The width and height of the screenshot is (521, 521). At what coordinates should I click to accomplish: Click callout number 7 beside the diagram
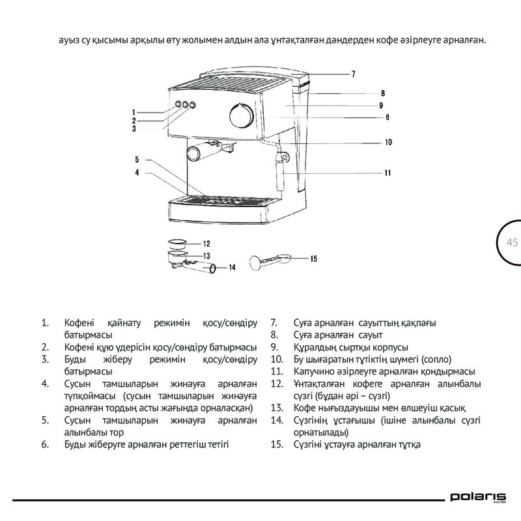(353, 74)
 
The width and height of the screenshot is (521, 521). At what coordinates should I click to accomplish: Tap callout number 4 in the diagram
(137, 173)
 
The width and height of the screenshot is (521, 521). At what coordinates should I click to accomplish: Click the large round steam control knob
(241, 115)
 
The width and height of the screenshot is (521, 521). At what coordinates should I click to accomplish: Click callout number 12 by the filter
(206, 244)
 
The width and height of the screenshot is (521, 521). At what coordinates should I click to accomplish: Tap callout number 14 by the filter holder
(231, 267)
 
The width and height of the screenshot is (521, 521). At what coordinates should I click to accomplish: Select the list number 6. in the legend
(46, 445)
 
